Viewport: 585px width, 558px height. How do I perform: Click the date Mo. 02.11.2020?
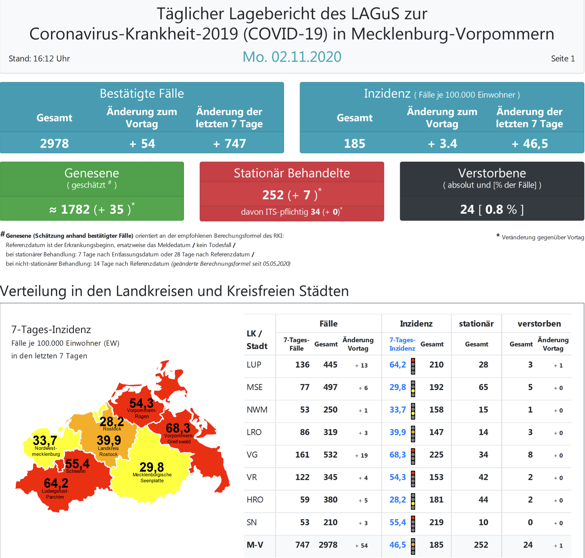coord(292,56)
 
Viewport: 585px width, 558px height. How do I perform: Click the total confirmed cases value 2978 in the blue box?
coord(54,143)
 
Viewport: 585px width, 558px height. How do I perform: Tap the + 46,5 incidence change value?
coord(529,143)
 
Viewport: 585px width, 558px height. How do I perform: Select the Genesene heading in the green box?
coord(92,173)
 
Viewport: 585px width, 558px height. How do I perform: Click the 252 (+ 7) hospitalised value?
coord(291,195)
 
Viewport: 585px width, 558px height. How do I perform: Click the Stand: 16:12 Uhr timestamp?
coord(39,59)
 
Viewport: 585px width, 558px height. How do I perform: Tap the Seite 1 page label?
coord(563,59)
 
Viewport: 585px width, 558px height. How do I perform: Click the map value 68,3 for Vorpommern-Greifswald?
coord(178,428)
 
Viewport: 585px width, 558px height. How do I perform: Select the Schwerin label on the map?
coord(76,471)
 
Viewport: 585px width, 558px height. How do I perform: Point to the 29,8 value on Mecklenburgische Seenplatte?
coord(151,467)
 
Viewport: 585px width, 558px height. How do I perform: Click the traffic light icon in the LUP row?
coord(413,366)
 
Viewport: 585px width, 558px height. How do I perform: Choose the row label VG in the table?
coord(252,455)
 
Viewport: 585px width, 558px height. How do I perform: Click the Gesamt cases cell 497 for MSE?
coord(330,387)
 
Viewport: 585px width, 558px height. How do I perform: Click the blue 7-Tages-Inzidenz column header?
coord(402,344)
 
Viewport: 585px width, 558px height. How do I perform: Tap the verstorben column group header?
coord(539,323)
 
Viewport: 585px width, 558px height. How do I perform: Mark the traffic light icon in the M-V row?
coord(413,546)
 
